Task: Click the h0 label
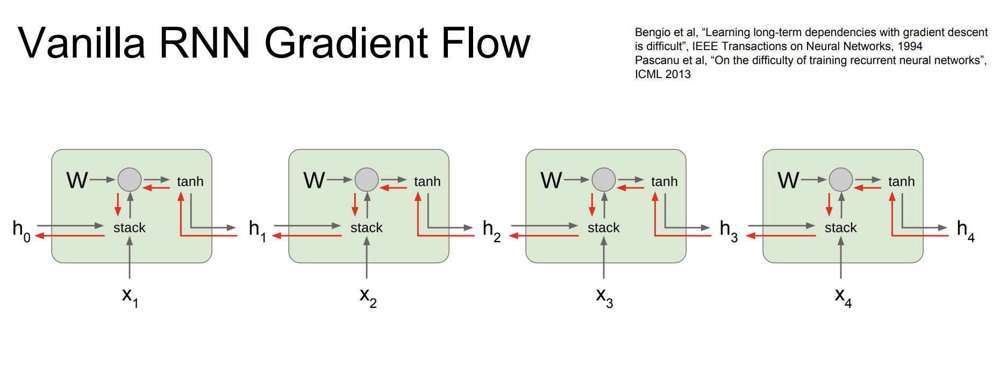click(x=22, y=230)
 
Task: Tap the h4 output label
click(x=966, y=230)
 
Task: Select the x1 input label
click(x=130, y=297)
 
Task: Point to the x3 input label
click(x=604, y=297)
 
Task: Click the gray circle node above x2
click(x=367, y=180)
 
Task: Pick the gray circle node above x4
click(x=841, y=180)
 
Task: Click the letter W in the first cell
click(x=77, y=180)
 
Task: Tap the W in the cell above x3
click(x=551, y=180)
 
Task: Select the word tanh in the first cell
click(x=190, y=181)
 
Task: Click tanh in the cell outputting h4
click(x=902, y=181)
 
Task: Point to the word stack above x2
click(x=367, y=228)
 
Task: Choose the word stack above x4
click(x=841, y=228)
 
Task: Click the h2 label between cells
click(x=491, y=230)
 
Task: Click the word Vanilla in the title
click(x=82, y=43)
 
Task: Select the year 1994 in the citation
click(x=910, y=46)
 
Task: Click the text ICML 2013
click(x=663, y=74)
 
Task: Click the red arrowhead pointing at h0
click(x=39, y=236)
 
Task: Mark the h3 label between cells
click(x=728, y=230)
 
